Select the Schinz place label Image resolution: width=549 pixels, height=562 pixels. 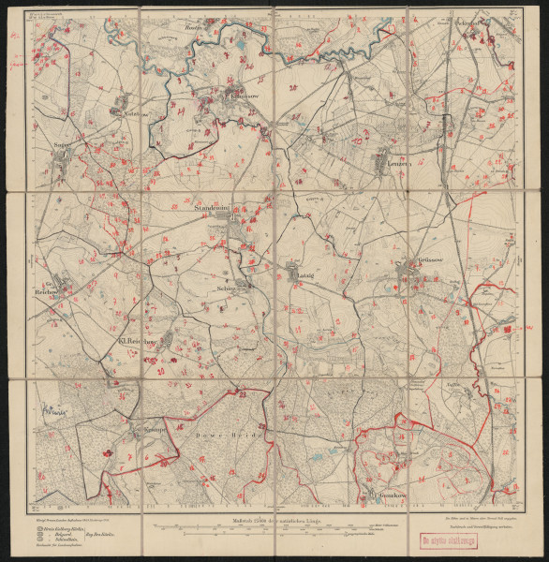229,288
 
